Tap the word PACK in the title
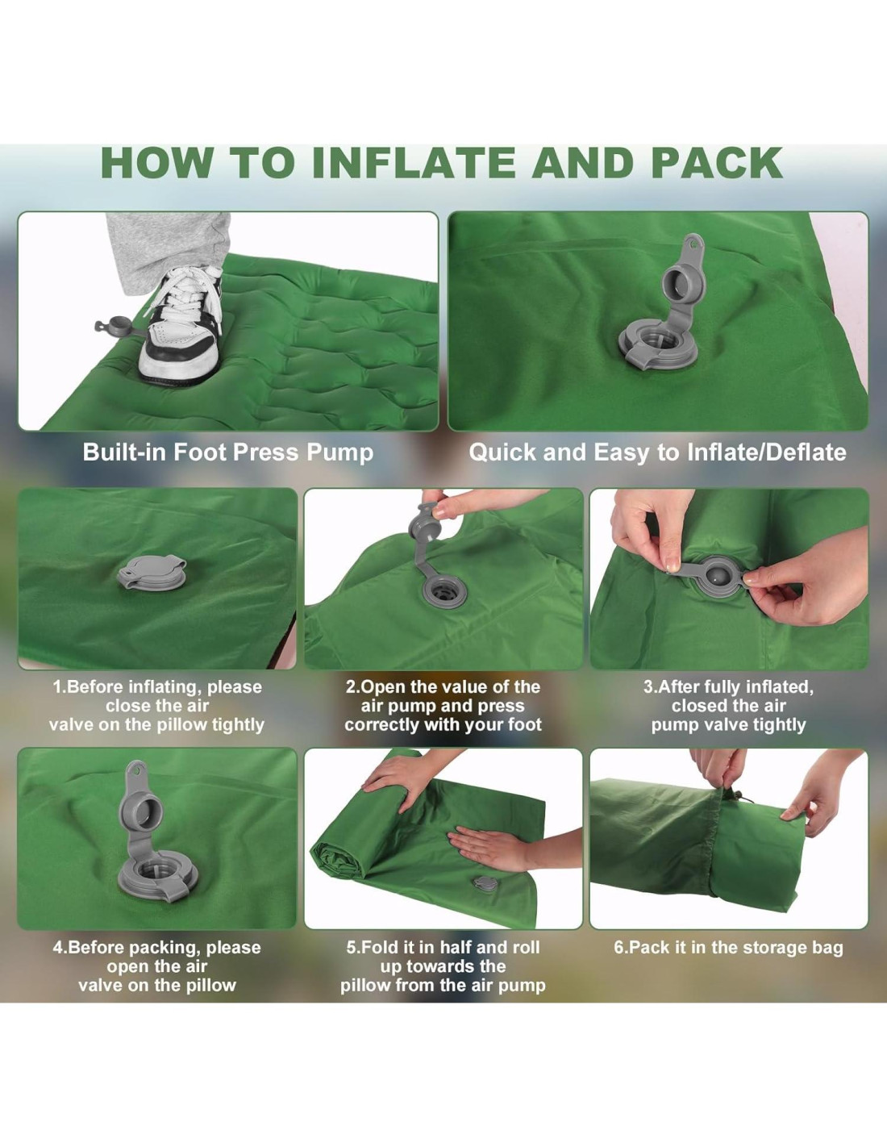(717, 163)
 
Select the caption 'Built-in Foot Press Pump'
(228, 453)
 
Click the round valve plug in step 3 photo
(713, 577)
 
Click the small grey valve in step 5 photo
(485, 883)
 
